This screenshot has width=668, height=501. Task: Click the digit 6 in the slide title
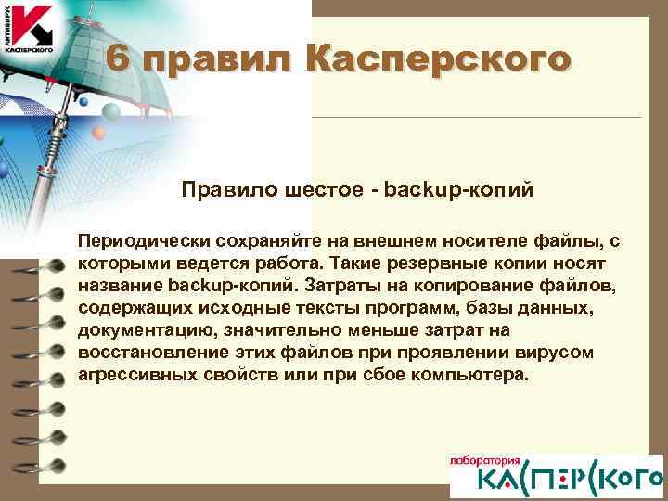(x=116, y=59)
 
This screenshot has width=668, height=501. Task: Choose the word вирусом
(x=534, y=353)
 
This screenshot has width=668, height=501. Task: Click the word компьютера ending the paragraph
(x=473, y=375)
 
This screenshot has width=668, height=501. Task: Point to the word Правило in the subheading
(x=210, y=191)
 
